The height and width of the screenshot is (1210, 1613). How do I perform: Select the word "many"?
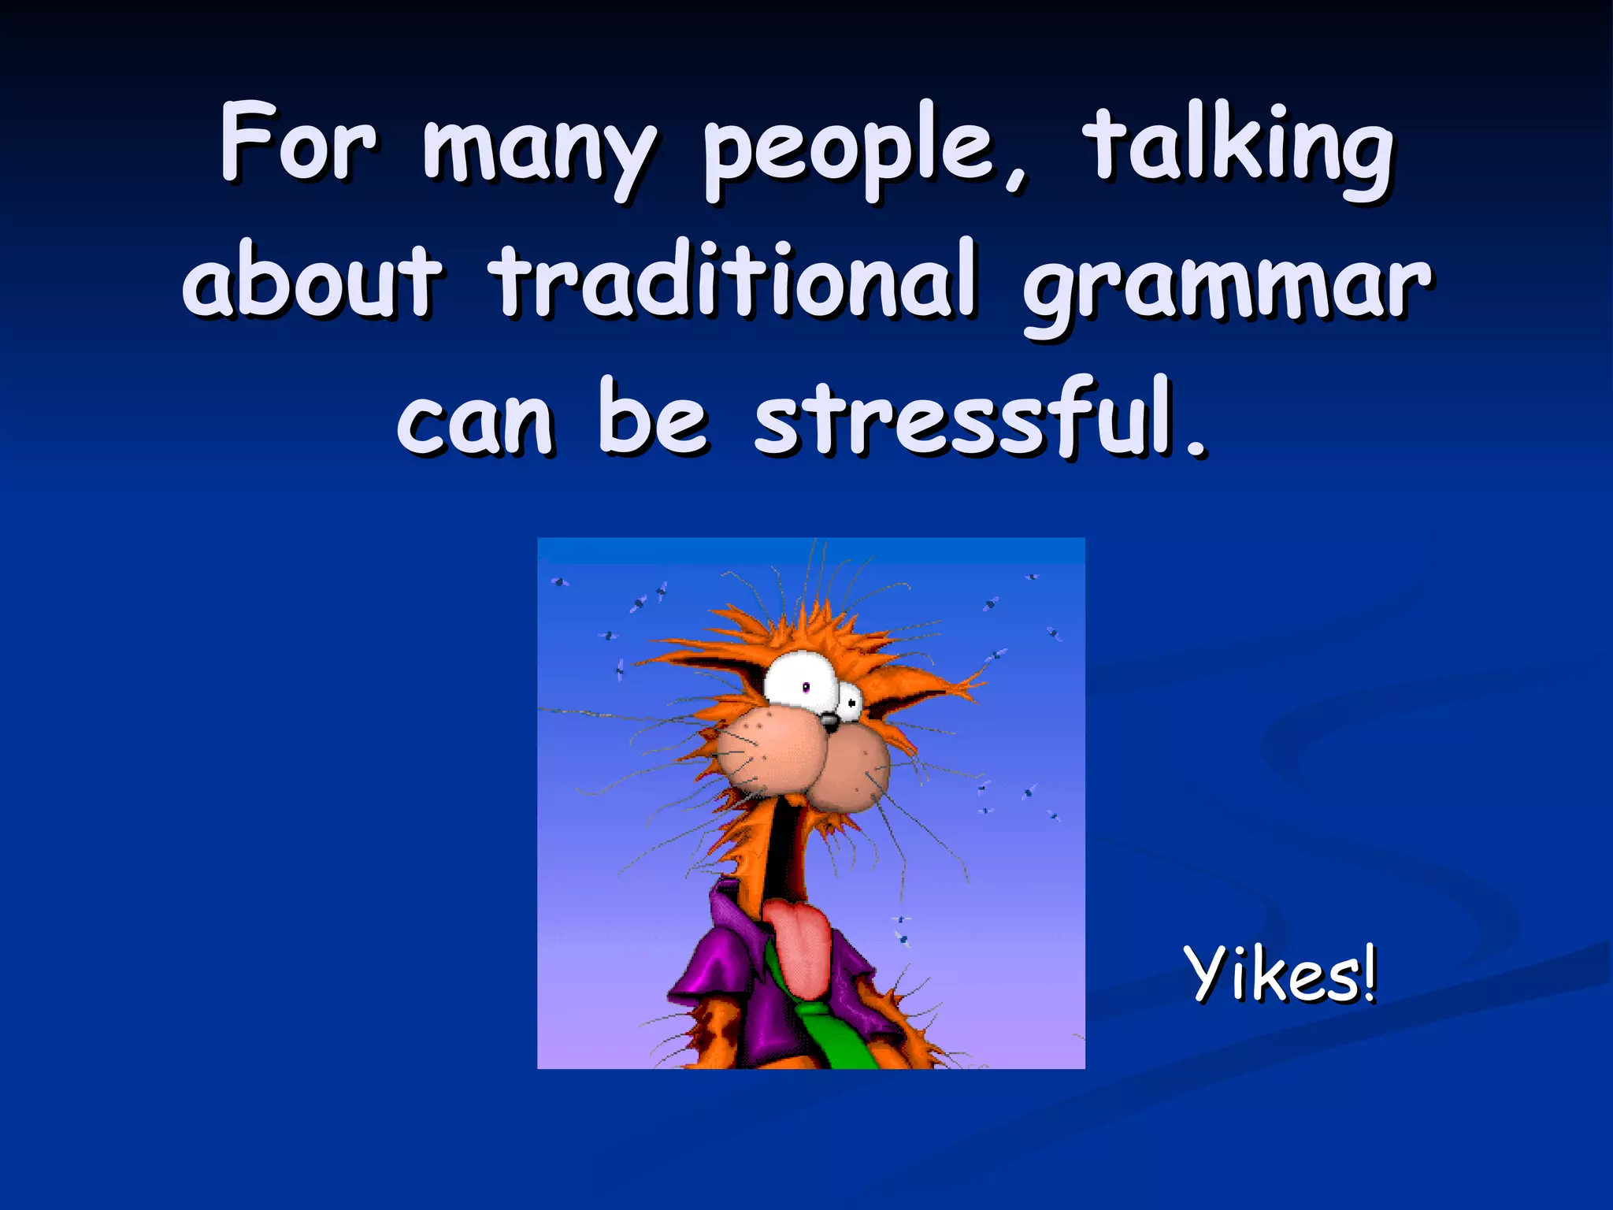point(539,154)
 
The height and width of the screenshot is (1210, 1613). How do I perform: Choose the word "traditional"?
point(733,280)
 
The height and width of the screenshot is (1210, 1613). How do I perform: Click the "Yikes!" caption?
point(1280,975)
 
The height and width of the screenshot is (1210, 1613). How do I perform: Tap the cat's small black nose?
point(829,720)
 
